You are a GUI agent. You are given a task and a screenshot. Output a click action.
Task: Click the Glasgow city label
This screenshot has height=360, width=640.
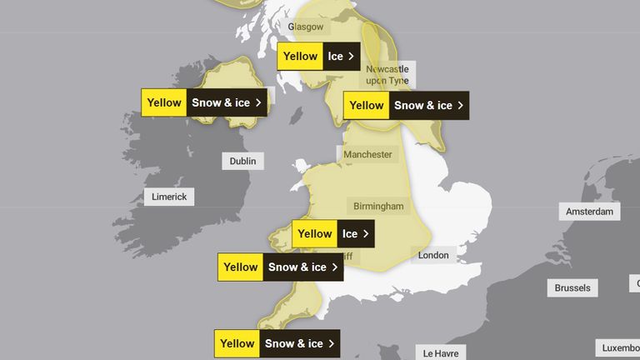pos(305,27)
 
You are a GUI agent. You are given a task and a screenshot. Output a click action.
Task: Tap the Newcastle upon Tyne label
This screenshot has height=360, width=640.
pos(389,74)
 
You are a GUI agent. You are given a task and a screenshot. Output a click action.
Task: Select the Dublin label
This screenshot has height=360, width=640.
pos(242,161)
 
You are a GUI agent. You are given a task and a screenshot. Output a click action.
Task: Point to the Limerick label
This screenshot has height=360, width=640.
pos(170,197)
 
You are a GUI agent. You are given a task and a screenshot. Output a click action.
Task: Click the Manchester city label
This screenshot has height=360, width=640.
pos(367,154)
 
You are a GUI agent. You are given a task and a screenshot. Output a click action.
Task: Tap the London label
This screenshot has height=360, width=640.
pos(434,255)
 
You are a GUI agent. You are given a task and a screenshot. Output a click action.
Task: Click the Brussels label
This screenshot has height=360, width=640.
pos(572,288)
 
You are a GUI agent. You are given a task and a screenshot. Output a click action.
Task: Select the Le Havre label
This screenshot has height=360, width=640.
pos(442,353)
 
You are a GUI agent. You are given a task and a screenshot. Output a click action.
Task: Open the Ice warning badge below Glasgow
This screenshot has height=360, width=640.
pos(319,57)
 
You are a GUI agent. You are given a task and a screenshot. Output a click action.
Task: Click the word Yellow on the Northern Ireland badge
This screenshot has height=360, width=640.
pos(164,102)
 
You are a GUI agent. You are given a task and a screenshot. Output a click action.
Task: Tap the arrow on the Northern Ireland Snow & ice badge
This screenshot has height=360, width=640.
pos(258,102)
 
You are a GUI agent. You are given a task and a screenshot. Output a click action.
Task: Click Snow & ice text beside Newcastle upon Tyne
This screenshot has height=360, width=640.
pos(422,106)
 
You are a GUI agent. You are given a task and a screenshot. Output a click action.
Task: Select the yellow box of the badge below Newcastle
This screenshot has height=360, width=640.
pos(367,106)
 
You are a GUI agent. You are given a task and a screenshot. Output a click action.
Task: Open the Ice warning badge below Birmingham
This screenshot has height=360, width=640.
pos(333,234)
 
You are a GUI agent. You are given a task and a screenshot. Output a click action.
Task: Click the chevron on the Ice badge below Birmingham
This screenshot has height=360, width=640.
pos(365,234)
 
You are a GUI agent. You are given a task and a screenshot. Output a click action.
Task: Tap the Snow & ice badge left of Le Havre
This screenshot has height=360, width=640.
pos(278,343)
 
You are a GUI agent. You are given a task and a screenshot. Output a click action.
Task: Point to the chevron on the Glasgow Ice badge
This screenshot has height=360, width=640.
pos(351,57)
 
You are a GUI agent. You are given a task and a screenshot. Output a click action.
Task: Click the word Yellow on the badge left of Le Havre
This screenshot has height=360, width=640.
pos(237,343)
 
